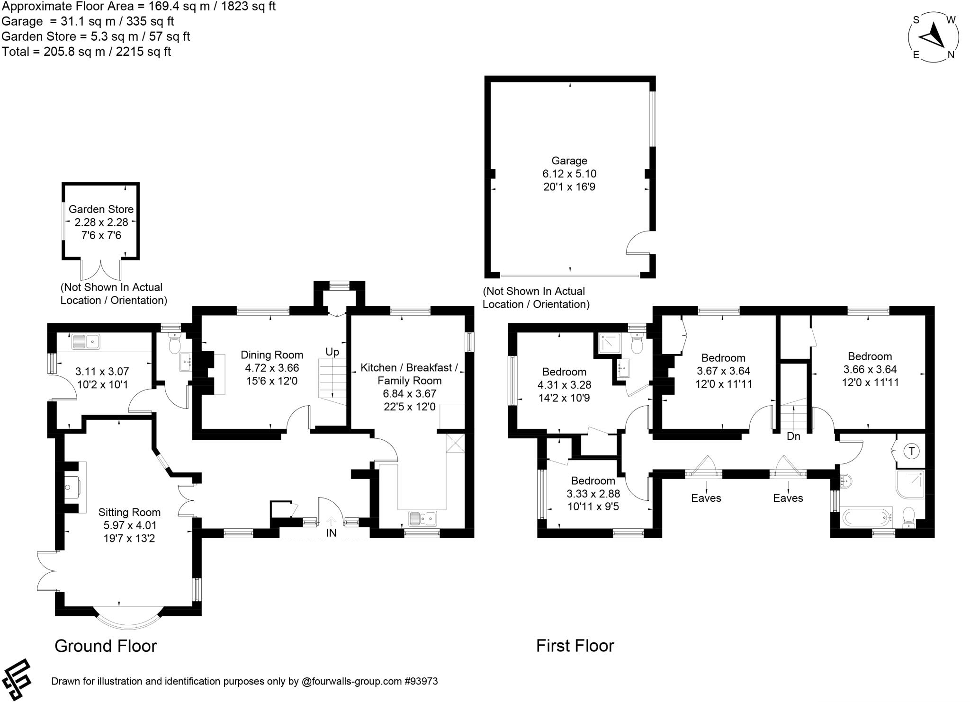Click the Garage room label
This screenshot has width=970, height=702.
click(569, 160)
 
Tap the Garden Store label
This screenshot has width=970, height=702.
click(101, 209)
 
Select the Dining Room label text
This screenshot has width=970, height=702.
click(272, 355)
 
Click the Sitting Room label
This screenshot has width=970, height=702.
click(129, 512)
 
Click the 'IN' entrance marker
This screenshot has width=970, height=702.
click(331, 533)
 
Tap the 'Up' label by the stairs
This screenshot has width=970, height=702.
click(332, 352)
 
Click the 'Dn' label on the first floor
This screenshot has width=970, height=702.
click(793, 436)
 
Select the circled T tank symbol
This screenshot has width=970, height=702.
click(911, 451)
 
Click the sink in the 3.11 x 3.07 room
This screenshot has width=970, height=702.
click(86, 341)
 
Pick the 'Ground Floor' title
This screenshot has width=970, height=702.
click(106, 646)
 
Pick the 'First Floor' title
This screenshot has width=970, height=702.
click(575, 646)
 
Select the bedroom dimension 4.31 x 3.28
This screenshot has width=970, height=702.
click(564, 385)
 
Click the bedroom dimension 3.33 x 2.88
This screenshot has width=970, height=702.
click(593, 494)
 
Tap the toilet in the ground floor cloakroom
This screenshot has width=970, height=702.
click(174, 344)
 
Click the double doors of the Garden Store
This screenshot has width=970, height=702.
click(101, 270)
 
